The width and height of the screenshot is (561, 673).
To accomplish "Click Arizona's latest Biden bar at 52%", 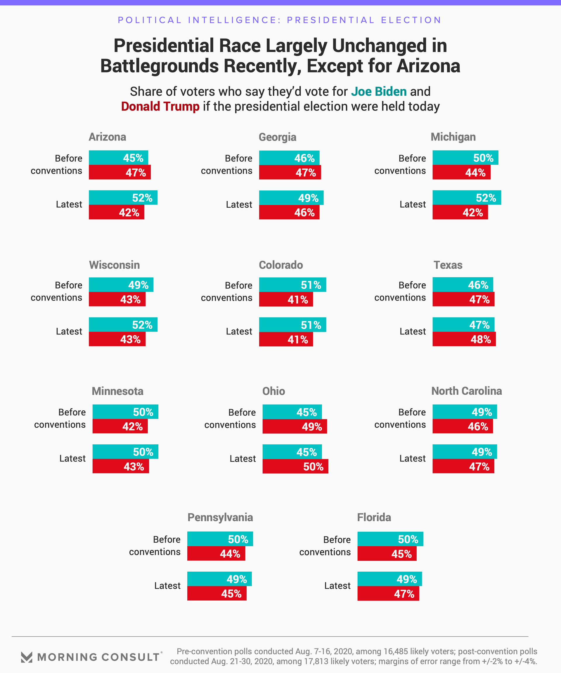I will pos(123,198).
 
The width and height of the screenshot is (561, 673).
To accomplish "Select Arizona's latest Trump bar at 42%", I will pos(116,212).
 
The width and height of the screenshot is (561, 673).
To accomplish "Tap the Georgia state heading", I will pos(277,137).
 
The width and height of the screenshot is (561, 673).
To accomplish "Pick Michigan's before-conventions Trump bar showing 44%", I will pos(461,172).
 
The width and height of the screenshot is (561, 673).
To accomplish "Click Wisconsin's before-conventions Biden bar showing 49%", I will pos(121,285).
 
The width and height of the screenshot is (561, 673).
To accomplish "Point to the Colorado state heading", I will pos(280,265).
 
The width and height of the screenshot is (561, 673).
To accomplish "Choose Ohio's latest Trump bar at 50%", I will pos(295,466).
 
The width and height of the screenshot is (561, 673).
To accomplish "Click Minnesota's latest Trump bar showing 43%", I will pos(121,466).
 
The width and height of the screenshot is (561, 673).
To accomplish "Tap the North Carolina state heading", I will pos(466,391).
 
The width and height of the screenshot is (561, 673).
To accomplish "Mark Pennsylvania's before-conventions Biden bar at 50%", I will pos(220,539).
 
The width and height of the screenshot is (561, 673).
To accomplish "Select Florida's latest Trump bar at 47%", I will pos(388,594).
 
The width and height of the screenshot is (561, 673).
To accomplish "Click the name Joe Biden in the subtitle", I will pos(379,92).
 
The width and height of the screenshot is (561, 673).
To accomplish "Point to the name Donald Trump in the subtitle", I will pos(160,106).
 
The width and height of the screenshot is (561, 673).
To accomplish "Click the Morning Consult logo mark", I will pos(27,657).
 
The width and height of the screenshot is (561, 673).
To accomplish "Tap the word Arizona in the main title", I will pos(428,66).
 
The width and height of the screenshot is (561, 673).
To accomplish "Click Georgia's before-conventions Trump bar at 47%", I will pos(290,172).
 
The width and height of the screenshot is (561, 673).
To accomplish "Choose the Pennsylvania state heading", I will pos(220,518).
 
